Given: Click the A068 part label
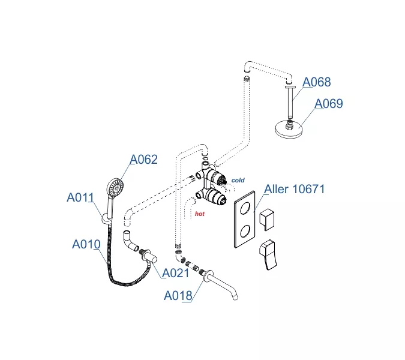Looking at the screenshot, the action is point(316,82).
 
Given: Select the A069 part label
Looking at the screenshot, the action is point(329,104).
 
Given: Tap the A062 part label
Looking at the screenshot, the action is point(143,160).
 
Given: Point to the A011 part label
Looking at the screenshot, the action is point(80,197).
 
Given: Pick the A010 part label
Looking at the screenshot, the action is point(86,244).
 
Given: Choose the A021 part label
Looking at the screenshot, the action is point(176,273).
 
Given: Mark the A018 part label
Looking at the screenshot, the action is point(178,296).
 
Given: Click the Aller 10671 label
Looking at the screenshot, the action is point(294,189).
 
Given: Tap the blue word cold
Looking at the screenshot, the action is point(238,180).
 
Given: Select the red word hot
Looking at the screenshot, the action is point(200,214).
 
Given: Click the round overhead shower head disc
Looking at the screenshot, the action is point(289,130).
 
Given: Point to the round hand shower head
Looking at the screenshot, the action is point(115,188).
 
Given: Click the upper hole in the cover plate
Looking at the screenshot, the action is point(245,208).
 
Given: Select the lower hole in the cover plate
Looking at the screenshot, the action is point(245,231).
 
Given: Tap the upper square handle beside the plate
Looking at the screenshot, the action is point(267,219).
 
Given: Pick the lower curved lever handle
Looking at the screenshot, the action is point(268,255).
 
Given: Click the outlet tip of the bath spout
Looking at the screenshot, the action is point(235,298).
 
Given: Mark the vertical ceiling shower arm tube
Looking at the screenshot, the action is point(290,102).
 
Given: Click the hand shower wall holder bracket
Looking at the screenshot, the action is point(106,219).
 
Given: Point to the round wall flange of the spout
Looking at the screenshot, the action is point(208,275).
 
